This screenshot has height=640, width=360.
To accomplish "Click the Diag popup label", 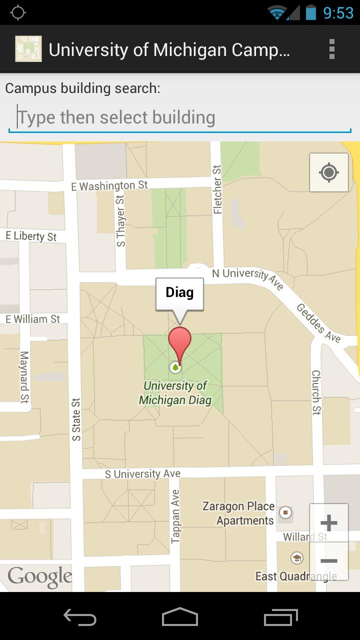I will (179, 293).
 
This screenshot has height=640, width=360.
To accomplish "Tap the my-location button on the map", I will (328, 173).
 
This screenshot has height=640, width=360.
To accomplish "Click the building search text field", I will (180, 118).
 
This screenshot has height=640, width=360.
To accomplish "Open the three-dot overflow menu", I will (331, 49).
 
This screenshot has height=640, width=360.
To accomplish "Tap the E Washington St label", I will (109, 186).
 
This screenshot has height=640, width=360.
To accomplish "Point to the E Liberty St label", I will (31, 236).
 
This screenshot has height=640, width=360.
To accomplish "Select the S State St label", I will (76, 419).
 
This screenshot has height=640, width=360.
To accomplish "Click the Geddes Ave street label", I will (318, 323).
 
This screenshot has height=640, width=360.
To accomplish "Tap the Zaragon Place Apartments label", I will (238, 513).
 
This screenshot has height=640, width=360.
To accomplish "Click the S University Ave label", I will (142, 473).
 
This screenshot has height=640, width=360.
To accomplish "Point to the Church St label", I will (316, 392).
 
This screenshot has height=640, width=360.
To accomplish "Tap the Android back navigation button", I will (80, 617).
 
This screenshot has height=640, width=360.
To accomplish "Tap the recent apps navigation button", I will (280, 617).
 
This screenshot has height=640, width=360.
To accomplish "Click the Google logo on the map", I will (39, 577).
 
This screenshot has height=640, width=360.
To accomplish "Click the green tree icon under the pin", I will (175, 368).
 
